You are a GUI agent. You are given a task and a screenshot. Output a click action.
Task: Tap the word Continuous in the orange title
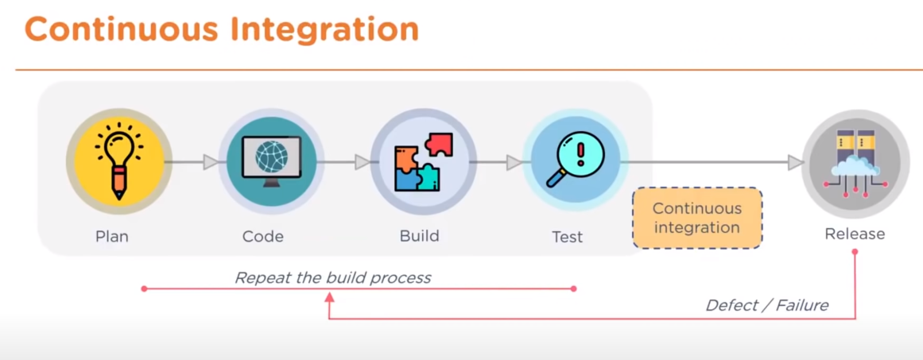pyautogui.click(x=121, y=29)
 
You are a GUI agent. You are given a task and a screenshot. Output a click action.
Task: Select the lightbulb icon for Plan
pyautogui.click(x=118, y=161)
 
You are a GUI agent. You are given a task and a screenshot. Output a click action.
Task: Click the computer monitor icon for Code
pyautogui.click(x=271, y=161)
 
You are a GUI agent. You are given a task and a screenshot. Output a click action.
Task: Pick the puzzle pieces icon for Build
pyautogui.click(x=423, y=162)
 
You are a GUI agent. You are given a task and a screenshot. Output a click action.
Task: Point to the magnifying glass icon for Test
pyautogui.click(x=575, y=161)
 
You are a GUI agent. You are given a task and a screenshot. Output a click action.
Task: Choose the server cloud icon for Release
pyautogui.click(x=855, y=163)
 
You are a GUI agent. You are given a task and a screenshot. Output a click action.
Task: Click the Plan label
pyautogui.click(x=112, y=236)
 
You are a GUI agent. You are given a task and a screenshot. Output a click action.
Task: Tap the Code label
pyautogui.click(x=263, y=236)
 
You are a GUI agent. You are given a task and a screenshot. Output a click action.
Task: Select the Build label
pyautogui.click(x=419, y=236)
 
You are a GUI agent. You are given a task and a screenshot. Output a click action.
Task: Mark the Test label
pyautogui.click(x=567, y=237)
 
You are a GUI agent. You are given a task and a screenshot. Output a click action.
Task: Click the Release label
pyautogui.click(x=855, y=234)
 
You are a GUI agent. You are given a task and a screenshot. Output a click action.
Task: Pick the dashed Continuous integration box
pyautogui.click(x=696, y=218)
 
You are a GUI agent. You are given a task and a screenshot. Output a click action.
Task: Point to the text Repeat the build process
pyautogui.click(x=332, y=277)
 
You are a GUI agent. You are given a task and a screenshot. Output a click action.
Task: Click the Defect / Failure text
pyautogui.click(x=767, y=305)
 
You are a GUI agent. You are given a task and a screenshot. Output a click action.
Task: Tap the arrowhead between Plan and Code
pyautogui.click(x=211, y=162)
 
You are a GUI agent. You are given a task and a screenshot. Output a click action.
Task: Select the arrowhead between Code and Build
pyautogui.click(x=363, y=162)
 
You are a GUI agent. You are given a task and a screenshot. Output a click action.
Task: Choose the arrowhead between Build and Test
pyautogui.click(x=514, y=162)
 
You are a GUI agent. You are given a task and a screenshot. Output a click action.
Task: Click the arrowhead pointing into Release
pyautogui.click(x=795, y=162)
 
